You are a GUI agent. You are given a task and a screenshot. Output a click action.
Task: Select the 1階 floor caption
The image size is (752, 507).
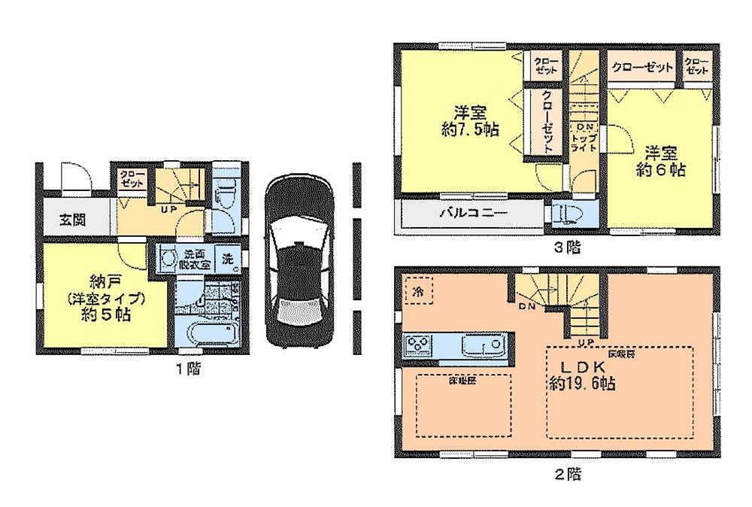[x=188, y=369]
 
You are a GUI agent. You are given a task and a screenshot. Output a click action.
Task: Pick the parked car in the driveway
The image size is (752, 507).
[x=299, y=261]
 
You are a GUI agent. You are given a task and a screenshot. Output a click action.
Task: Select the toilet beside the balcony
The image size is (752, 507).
[x=567, y=213]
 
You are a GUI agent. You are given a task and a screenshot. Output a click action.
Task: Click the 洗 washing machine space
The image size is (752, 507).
[x=228, y=259]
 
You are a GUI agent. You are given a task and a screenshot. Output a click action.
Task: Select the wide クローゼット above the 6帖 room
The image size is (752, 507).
[x=641, y=68]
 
